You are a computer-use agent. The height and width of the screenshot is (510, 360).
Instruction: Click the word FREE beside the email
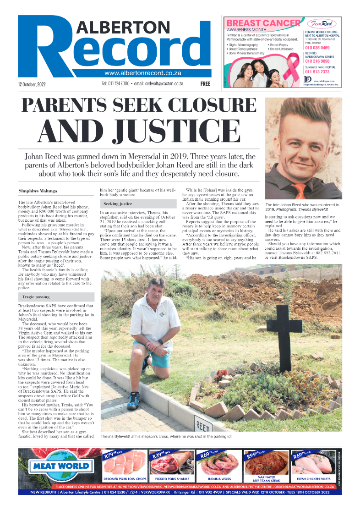click(205, 84)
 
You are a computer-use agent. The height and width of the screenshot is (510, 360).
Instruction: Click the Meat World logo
click(60, 466)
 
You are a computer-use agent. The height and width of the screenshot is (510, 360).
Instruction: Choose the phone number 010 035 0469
click(317, 48)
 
